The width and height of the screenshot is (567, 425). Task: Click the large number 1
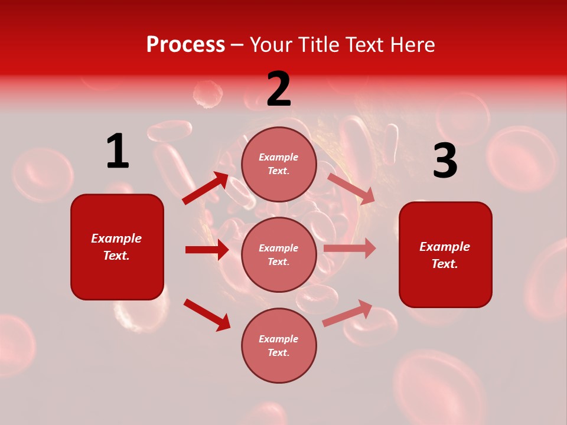tap(117, 152)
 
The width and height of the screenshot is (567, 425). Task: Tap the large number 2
tap(279, 90)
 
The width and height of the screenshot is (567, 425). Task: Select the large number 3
tap(445, 162)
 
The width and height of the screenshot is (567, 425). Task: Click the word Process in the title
tap(185, 44)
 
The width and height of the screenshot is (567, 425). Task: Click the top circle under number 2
tap(279, 164)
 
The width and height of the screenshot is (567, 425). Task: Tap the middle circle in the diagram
tap(279, 255)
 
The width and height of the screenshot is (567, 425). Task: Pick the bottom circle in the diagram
tap(279, 346)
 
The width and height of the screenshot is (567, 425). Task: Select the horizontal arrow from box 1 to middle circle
tap(207, 250)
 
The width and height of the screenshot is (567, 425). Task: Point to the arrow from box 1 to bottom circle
tap(207, 314)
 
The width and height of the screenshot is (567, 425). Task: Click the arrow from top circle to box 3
tap(351, 189)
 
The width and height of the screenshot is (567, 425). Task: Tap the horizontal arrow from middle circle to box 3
tap(350, 249)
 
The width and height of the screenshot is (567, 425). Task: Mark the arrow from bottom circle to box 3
tap(347, 313)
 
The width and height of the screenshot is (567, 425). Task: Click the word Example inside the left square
tap(116, 238)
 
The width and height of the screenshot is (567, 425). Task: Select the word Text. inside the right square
tap(445, 264)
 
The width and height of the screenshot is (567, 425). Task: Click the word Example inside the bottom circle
tap(279, 339)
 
